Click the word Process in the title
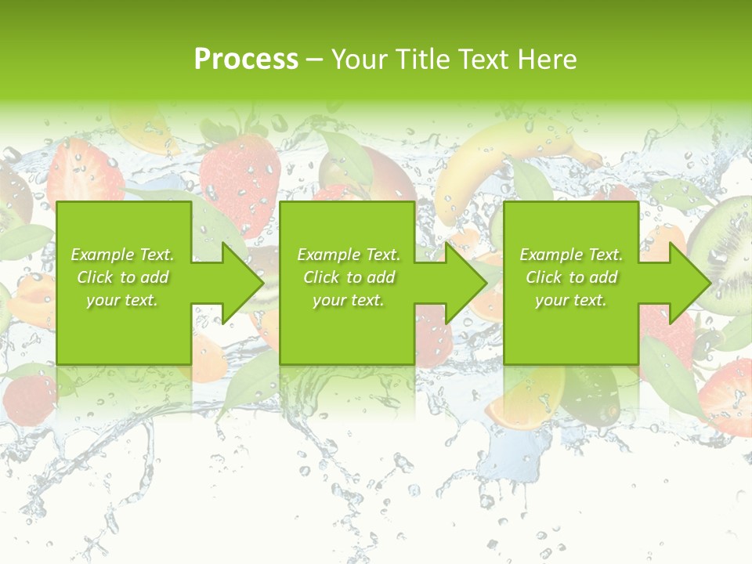(246, 60)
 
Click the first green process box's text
(122, 277)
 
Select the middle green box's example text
(349, 277)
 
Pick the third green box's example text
(571, 277)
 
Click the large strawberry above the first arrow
(239, 176)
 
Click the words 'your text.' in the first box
(122, 299)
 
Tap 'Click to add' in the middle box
(349, 277)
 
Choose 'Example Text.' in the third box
(571, 255)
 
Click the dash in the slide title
(315, 60)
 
